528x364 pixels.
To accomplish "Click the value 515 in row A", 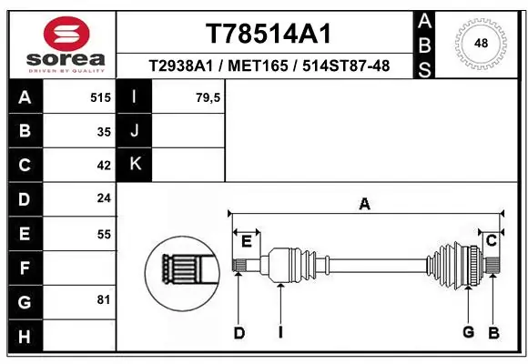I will coord(101,96).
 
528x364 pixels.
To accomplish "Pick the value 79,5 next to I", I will coord(208,96).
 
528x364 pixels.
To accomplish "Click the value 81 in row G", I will coord(103,299).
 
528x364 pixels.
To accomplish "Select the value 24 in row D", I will coord(103,197).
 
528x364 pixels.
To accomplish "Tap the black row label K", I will coord(135,164).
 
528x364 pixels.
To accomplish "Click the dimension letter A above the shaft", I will coord(364,205).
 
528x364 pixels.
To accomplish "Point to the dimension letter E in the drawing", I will coord(246,240).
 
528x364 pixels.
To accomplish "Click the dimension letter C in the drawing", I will coord(490,240).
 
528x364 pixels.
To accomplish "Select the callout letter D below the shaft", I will coord(239,333).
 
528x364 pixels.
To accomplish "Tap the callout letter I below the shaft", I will coord(280,333).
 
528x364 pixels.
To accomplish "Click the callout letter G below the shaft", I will coord(468,332).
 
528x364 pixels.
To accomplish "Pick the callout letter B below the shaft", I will coord(493,333).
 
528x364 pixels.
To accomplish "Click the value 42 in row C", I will coord(103,166).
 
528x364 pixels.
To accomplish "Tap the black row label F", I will coord(24,268).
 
